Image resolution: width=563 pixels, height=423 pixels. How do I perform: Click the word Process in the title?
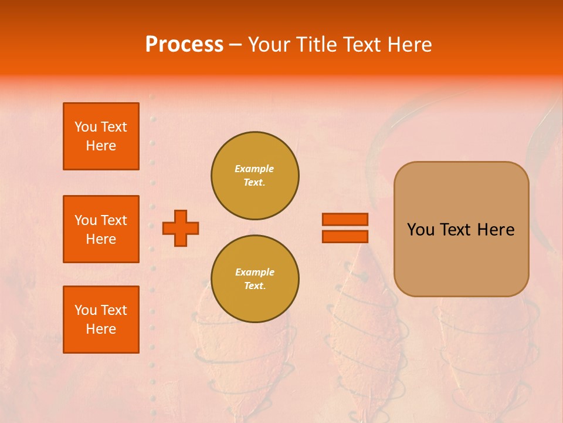(x=184, y=45)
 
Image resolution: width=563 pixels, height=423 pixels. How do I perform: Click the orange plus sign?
(x=181, y=228)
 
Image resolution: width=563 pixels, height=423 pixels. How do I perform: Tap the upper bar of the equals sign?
(x=345, y=220)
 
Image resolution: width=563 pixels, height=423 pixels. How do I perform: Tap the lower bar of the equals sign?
(x=345, y=236)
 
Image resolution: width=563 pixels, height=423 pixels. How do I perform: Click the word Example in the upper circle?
(x=254, y=169)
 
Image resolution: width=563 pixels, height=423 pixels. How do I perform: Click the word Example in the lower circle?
(x=255, y=272)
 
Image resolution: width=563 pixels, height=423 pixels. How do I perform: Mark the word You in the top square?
(x=86, y=127)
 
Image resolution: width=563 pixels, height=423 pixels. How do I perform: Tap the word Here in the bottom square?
(x=101, y=329)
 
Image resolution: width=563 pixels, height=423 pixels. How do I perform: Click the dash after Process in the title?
(x=235, y=45)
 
